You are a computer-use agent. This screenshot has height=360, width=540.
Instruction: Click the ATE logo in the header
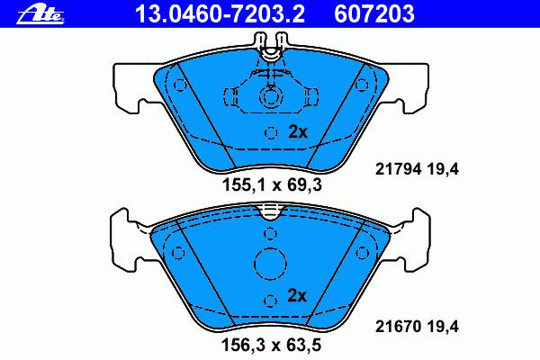click(40, 15)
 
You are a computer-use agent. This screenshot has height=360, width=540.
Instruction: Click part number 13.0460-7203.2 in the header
click(220, 14)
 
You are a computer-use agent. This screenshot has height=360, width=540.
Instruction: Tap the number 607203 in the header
click(374, 14)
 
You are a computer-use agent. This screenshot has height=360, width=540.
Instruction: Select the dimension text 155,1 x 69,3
click(272, 185)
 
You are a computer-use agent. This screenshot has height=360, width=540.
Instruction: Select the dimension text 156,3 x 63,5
click(272, 345)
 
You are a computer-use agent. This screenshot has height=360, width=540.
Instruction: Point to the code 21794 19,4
click(417, 169)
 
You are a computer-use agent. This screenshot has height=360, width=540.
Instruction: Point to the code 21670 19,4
click(417, 326)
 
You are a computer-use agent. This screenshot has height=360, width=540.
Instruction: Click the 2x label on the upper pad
click(298, 131)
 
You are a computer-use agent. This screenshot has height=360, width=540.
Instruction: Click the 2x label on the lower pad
click(297, 295)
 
